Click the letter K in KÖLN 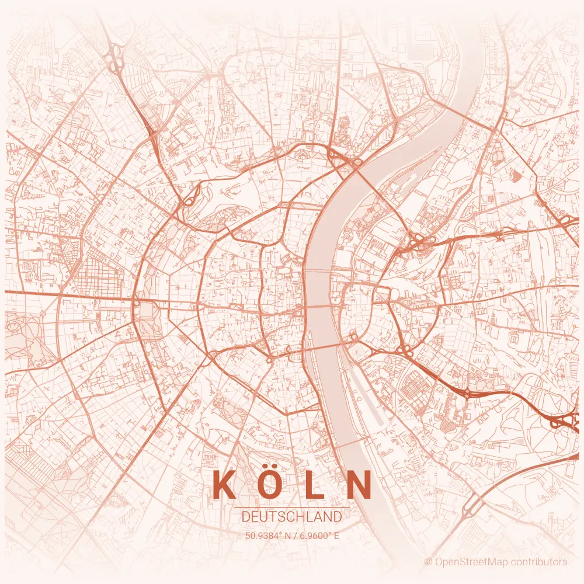pyautogui.click(x=224, y=485)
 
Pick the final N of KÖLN pyautogui.click(x=358, y=485)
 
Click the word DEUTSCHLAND pyautogui.click(x=291, y=517)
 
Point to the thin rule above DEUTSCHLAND pyautogui.click(x=291, y=507)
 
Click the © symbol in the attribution pyautogui.click(x=428, y=562)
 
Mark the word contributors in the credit pyautogui.click(x=540, y=562)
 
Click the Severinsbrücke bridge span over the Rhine pyautogui.click(x=327, y=345)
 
